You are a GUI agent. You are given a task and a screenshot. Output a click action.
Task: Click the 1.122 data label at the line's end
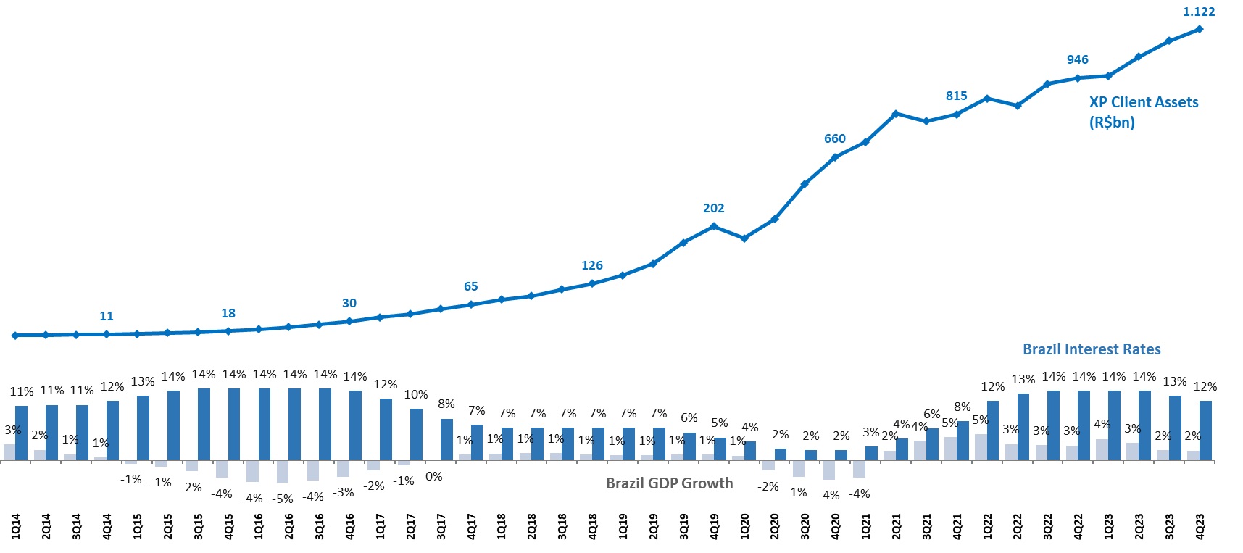tap(1198, 12)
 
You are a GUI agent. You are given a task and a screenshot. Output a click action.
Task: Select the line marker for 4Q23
tap(1200, 29)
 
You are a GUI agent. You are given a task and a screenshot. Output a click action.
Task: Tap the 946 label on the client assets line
tap(1077, 59)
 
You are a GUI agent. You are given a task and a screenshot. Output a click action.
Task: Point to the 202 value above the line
tap(713, 208)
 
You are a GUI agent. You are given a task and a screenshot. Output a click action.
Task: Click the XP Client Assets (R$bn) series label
tap(1143, 112)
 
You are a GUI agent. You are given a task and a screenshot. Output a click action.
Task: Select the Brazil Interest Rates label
tap(1091, 349)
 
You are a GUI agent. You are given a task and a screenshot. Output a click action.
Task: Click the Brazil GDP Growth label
tap(669, 483)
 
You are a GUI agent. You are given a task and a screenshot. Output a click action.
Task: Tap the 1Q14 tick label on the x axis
tap(16, 526)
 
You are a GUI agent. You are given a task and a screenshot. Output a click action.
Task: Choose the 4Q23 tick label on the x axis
tap(1200, 526)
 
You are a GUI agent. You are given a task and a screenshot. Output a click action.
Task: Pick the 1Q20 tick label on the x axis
tap(744, 526)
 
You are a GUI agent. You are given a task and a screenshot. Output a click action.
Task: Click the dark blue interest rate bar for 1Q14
tap(22, 433)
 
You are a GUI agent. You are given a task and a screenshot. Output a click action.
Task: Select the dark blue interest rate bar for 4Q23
tap(1205, 431)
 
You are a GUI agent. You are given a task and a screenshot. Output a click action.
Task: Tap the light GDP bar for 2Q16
tap(283, 471)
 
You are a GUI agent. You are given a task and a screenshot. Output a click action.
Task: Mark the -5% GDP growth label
tap(283, 499)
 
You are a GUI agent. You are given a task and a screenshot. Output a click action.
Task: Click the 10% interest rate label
tap(416, 395)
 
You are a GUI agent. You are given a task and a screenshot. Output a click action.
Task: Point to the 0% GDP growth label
tap(433, 476)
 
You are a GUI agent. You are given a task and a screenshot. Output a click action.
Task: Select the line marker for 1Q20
tap(744, 238)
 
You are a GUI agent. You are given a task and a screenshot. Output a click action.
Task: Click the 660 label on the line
tap(834, 138)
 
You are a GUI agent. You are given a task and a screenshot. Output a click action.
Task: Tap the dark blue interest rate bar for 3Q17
tap(446, 439)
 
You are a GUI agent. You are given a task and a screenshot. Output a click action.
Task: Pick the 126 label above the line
tap(591, 265)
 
